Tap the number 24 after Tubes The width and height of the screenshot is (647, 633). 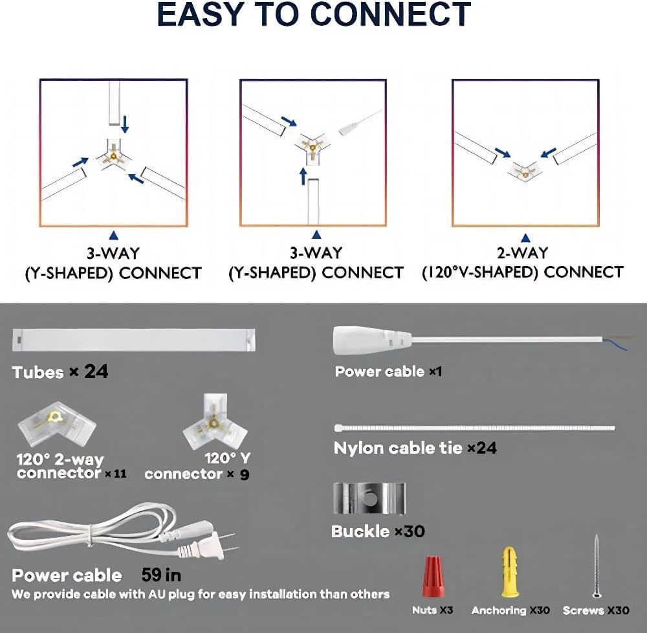tap(96, 372)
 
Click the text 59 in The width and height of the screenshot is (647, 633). tap(162, 574)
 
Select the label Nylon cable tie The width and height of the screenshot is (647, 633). tap(398, 447)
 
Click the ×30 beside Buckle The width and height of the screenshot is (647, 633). tap(410, 531)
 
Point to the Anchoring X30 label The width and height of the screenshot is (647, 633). tap(510, 610)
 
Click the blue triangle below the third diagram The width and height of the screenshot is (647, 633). tap(525, 238)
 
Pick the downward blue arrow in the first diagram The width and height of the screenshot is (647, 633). tap(124, 122)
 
